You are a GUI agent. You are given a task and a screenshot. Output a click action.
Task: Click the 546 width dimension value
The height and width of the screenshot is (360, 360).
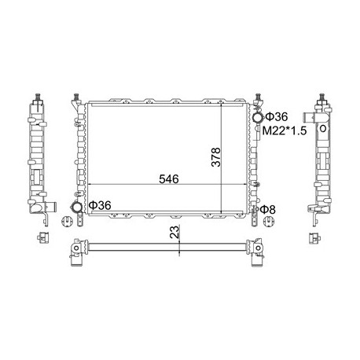169,179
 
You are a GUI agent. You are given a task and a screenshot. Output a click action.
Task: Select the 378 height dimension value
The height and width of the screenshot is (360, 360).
216,157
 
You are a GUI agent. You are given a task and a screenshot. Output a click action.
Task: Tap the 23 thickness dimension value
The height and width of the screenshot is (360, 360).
175,232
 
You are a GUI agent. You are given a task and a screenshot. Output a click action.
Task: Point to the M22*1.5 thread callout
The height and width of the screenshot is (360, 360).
285,130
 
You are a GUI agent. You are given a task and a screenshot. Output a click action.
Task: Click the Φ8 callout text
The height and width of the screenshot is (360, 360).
268,209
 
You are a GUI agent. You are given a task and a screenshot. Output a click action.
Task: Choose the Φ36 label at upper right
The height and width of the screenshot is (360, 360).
277,117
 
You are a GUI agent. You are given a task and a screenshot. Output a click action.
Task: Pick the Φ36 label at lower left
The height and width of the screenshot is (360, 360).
100,205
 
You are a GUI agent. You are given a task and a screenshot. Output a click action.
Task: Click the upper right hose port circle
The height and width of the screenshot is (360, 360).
257,117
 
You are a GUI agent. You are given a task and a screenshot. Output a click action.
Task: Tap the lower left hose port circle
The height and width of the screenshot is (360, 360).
76,206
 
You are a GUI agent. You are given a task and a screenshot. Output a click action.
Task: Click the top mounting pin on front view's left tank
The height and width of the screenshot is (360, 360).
76,97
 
